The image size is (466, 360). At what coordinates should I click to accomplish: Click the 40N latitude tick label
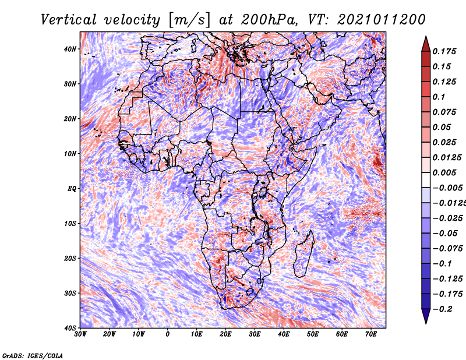70,49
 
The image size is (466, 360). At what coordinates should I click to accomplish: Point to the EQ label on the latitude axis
71,188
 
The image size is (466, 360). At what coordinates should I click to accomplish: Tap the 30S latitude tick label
70,292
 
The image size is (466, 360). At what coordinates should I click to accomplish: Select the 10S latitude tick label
70,223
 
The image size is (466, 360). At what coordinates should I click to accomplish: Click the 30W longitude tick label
80,334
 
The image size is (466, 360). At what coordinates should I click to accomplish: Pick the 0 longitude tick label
168,334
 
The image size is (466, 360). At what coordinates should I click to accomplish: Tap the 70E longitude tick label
371,334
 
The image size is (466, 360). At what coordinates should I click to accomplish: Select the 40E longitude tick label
284,334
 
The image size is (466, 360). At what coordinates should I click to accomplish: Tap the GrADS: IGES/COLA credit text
33,355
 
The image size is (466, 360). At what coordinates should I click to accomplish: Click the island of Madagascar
304,252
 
